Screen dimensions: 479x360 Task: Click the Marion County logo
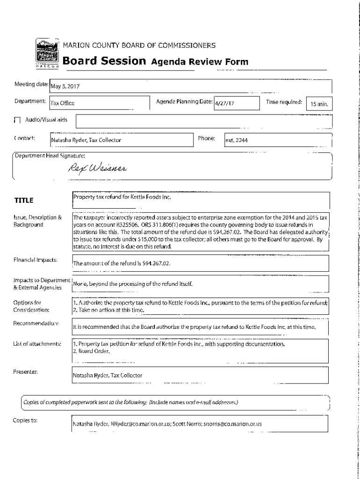tap(47, 55)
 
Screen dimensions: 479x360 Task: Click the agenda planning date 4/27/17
tap(224, 103)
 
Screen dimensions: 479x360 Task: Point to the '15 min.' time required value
tap(318, 104)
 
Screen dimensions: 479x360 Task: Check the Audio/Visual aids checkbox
tap(17, 120)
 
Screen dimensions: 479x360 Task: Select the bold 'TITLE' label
tap(24, 201)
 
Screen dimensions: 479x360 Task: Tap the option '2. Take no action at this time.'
tap(108, 310)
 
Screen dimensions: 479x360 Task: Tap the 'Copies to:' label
tap(25, 420)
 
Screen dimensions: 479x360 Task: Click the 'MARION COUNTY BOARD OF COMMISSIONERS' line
tap(139, 46)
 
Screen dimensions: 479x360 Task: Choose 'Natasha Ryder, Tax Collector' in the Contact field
tap(86, 140)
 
